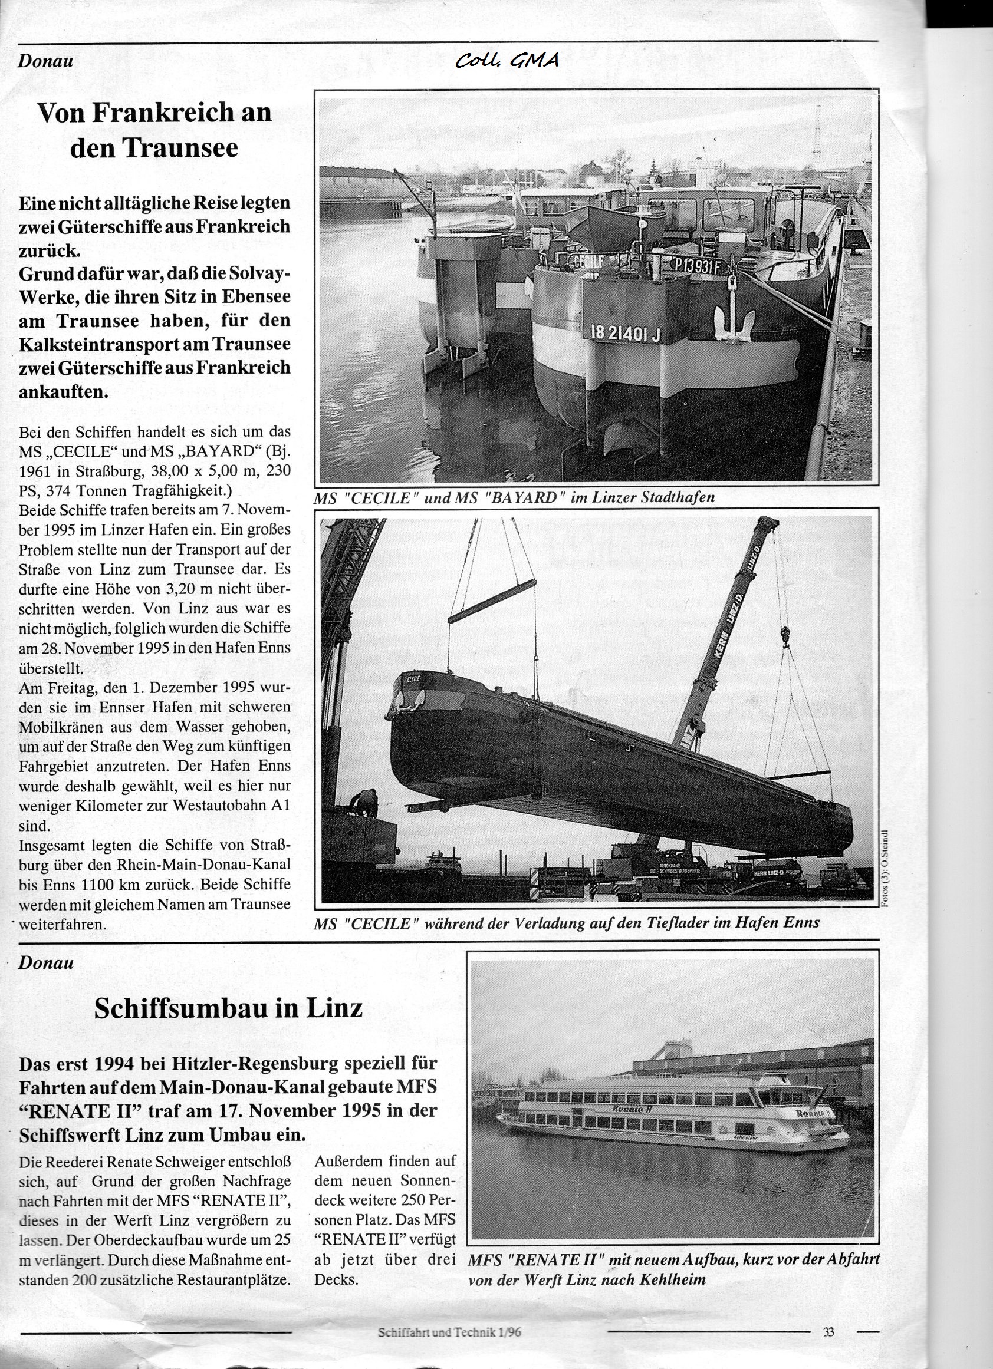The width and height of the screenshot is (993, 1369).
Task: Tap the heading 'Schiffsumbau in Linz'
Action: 228,1007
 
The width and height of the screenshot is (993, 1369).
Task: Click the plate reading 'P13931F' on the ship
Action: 697,265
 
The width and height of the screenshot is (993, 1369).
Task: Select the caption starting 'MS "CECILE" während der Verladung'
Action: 567,923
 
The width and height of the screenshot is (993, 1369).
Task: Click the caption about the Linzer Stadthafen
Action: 514,497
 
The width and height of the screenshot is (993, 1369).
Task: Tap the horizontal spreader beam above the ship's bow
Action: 492,601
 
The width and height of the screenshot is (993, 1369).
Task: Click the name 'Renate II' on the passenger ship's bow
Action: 814,1113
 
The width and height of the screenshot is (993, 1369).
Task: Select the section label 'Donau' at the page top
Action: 45,60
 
